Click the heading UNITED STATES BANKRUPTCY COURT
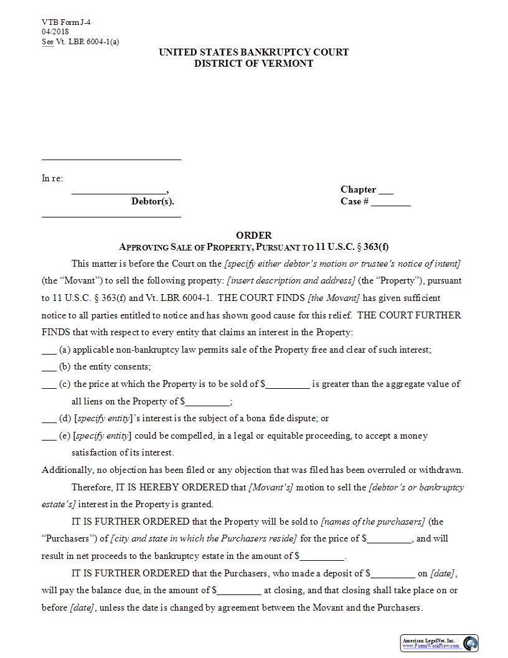[253, 52]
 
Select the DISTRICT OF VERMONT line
[253, 64]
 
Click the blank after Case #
[391, 203]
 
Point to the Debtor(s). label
[153, 201]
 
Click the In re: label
[52, 178]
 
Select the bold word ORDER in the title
[253, 235]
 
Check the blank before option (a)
[49, 351]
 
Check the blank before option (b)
[49, 368]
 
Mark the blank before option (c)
[49, 385]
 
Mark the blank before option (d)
[49, 419]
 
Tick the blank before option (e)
[49, 437]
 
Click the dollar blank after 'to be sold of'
[287, 385]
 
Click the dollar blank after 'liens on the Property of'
[207, 403]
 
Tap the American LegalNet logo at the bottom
[440, 643]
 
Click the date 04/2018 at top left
[55, 32]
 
